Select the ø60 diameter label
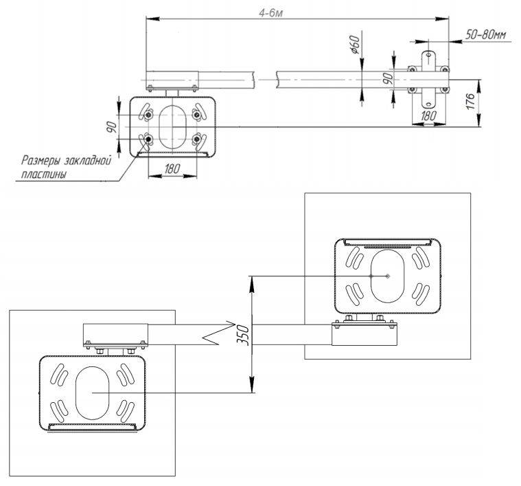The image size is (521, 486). point(356,45)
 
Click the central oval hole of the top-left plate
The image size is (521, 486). point(172,124)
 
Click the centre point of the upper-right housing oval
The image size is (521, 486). point(388,276)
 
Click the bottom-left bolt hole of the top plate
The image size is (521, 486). point(148,140)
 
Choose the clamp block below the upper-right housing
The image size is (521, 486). point(364,334)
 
